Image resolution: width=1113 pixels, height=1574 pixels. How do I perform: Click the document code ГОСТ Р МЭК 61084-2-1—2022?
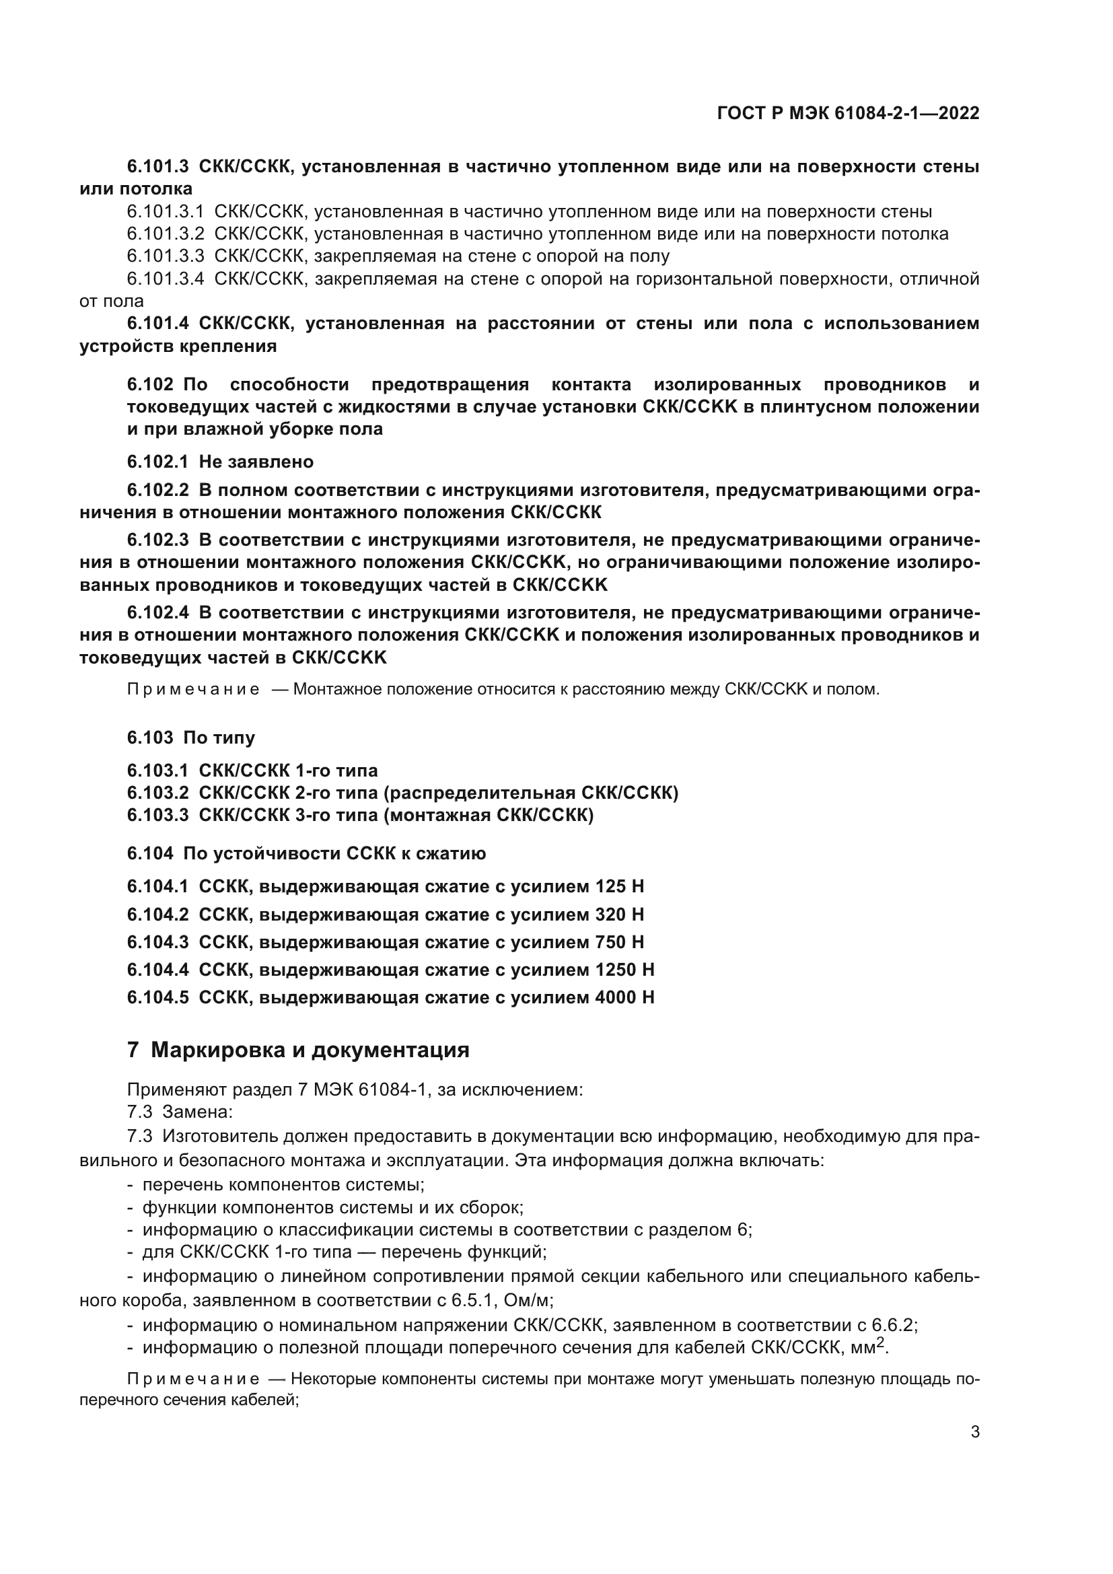(x=848, y=113)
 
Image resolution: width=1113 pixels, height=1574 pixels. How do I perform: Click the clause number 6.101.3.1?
(x=165, y=212)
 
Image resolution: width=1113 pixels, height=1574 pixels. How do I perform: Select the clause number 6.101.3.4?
(x=165, y=279)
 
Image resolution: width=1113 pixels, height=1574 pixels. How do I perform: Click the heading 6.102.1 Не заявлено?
(x=220, y=462)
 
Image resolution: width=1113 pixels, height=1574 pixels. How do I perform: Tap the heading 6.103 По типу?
(x=190, y=738)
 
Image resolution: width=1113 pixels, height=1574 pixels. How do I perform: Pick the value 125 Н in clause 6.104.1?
(x=620, y=887)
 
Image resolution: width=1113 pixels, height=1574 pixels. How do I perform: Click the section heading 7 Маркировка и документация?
(x=298, y=1050)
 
